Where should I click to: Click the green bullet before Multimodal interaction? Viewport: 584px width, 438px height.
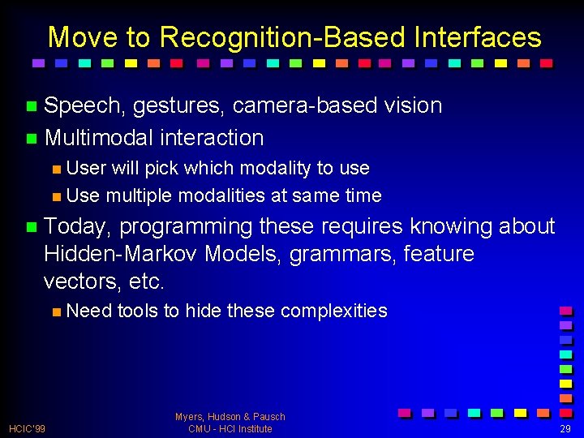click(31, 139)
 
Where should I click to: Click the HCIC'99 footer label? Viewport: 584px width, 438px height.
click(28, 428)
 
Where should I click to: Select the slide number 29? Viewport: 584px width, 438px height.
click(565, 428)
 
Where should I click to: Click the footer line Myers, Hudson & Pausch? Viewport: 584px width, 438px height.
click(230, 417)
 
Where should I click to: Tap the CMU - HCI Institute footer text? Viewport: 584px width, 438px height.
click(230, 429)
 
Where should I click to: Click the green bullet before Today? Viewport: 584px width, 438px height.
click(31, 227)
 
